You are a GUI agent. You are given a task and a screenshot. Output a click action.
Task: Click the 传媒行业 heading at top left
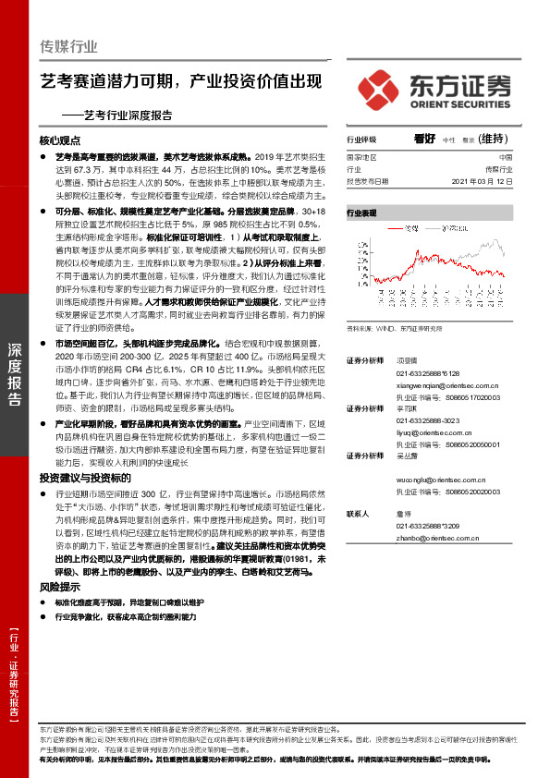(x=69, y=45)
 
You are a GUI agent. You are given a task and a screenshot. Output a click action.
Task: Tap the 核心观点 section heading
(x=63, y=141)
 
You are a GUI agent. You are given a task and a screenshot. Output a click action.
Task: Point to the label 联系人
(x=360, y=514)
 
